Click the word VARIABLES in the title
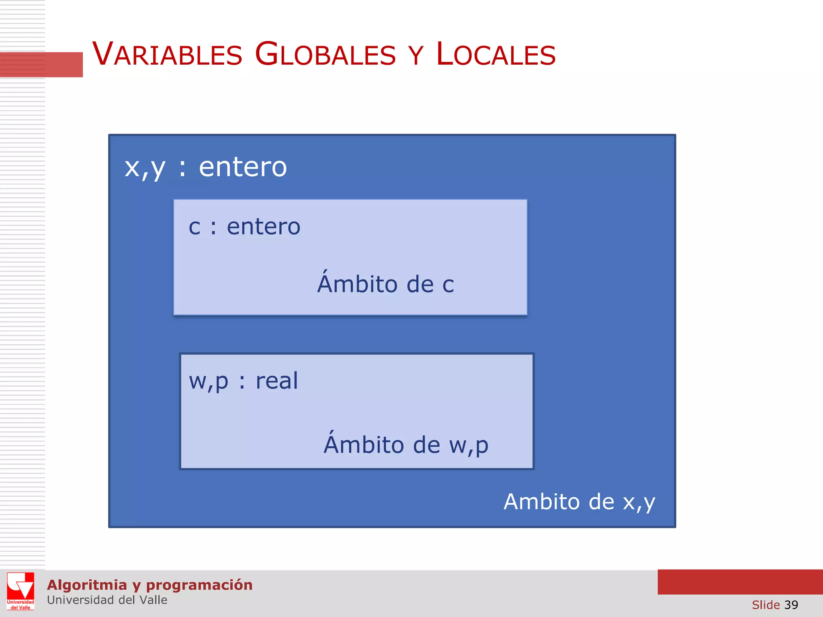pos(167,54)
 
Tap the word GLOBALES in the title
pos(326,54)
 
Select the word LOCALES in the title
pos(496,54)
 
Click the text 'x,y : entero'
pos(205,167)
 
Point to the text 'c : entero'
pos(244,227)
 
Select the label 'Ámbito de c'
pos(385,283)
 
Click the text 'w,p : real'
pos(244,381)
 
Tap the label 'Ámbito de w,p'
pos(406,444)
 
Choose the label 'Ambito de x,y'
pos(579,502)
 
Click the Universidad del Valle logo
pos(20,591)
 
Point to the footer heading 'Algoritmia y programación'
pos(149,585)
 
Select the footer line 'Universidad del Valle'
pos(107,600)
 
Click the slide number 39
pos(791,605)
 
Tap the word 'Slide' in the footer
pos(766,605)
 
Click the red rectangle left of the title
pos(41,64)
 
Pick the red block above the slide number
pos(740,582)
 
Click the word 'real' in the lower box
pos(277,381)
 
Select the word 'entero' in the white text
pos(243,167)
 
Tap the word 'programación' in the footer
pos(199,585)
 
